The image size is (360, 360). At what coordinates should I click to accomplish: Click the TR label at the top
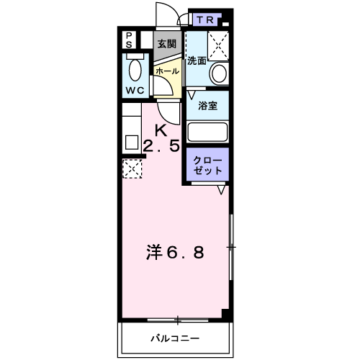(x=202, y=19)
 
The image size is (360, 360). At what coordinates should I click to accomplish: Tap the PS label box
(x=129, y=40)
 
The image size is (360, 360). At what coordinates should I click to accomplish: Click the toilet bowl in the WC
(x=135, y=71)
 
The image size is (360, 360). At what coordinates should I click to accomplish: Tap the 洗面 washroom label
(x=197, y=60)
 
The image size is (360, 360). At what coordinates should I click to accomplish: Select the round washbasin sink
(x=218, y=72)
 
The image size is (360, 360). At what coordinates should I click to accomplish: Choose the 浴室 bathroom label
(x=207, y=105)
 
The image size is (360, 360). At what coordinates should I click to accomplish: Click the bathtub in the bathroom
(x=207, y=132)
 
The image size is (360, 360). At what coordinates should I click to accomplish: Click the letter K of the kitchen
(x=161, y=130)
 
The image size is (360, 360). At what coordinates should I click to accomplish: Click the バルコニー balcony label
(x=175, y=338)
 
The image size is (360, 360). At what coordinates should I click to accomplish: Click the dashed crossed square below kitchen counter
(x=132, y=170)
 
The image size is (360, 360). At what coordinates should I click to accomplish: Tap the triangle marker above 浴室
(x=192, y=94)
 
